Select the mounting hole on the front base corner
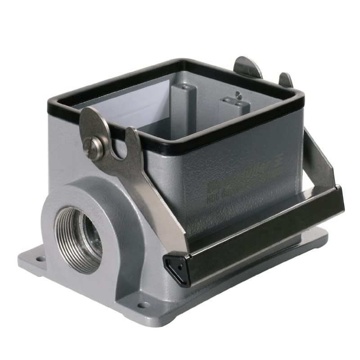pyautogui.click(x=143, y=305)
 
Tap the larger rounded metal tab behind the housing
pyautogui.click(x=248, y=67)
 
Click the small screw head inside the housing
pyautogui.click(x=239, y=95)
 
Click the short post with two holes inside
pyautogui.click(x=234, y=110)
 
